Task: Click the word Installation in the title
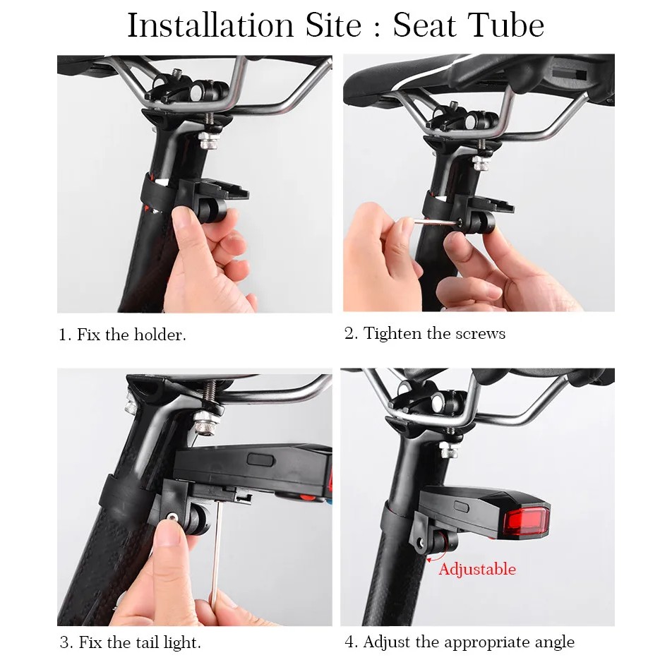click(211, 25)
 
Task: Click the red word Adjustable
click(477, 569)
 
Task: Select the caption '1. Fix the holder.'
click(123, 335)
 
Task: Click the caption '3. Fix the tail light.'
click(131, 642)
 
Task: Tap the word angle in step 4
click(555, 643)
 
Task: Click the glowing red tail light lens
click(527, 522)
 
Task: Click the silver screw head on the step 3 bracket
click(172, 517)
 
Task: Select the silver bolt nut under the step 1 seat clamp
click(208, 140)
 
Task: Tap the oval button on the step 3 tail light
click(260, 460)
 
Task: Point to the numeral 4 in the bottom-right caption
click(349, 642)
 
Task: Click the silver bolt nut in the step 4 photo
click(449, 450)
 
